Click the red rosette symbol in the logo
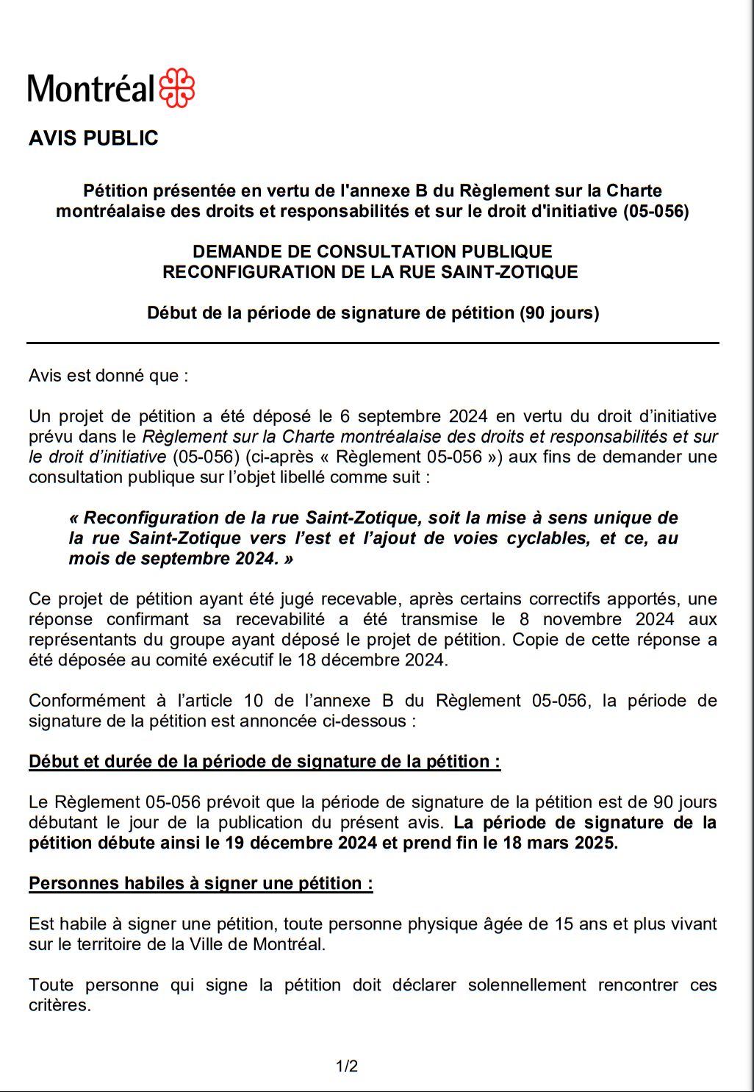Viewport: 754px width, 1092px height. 177,88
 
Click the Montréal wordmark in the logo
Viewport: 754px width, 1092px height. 91,90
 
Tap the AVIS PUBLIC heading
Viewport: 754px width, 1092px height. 93,138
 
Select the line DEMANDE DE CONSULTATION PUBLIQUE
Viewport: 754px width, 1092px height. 373,251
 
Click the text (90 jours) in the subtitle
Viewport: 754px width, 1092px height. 559,313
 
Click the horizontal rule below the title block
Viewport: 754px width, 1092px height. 373,343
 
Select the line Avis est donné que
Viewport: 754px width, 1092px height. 108,376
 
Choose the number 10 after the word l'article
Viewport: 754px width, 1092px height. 254,701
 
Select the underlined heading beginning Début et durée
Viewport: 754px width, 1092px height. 265,762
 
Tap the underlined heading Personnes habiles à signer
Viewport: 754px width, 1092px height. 201,883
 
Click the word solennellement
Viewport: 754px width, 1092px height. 527,985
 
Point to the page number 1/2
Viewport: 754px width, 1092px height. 347,1066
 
